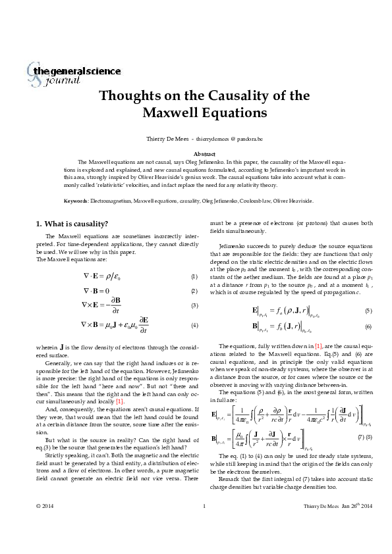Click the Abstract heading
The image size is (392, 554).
click(x=196, y=153)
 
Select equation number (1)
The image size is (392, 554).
click(x=194, y=276)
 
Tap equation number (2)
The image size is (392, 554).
click(x=194, y=291)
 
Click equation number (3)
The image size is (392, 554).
click(x=194, y=305)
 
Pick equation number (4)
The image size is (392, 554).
click(x=194, y=326)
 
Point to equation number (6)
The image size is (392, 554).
click(x=368, y=326)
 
